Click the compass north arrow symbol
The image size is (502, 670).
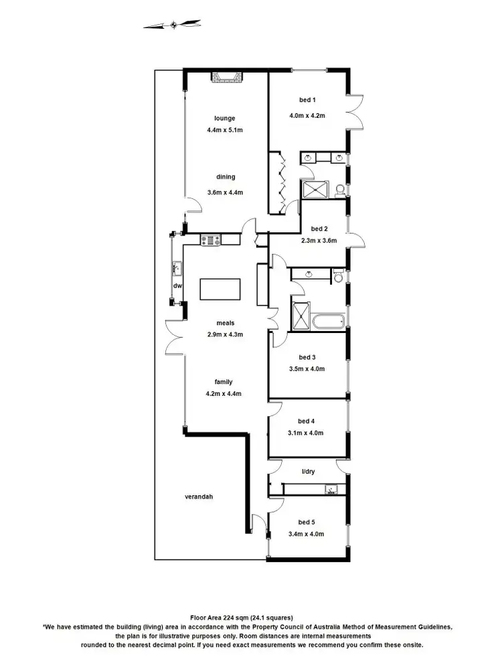[x=173, y=25]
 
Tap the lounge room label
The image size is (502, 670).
[x=225, y=119]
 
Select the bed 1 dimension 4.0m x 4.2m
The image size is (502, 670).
[x=307, y=115]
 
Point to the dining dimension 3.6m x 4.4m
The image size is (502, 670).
[x=225, y=192]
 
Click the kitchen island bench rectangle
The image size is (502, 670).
[x=220, y=290]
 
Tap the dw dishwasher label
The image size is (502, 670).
[x=177, y=286]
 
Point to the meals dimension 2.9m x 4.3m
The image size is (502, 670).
[x=225, y=334]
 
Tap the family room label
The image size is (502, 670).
[x=224, y=382]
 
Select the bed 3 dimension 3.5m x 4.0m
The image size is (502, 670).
[x=307, y=368]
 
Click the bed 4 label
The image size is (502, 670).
[x=307, y=421]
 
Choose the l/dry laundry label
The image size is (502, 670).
[x=309, y=471]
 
